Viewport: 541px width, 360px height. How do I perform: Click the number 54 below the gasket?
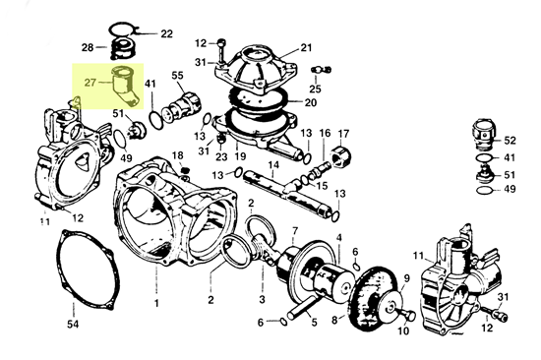73,325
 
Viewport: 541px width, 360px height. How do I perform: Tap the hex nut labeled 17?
341,155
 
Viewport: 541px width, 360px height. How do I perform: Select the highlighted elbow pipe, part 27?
125,86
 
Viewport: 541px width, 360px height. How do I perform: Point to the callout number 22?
166,33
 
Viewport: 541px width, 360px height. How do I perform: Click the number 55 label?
178,75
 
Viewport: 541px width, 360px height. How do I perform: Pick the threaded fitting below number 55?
182,106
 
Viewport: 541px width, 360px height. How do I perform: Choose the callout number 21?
306,47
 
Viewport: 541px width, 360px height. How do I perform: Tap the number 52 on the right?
510,141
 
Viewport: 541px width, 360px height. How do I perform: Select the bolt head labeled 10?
409,316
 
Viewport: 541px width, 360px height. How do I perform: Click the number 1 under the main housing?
156,303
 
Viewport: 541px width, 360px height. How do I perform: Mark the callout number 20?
310,102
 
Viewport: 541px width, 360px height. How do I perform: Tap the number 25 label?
315,89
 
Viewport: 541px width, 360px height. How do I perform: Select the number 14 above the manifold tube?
273,164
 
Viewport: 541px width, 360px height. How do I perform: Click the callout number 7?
295,230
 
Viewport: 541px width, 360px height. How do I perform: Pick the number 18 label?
178,155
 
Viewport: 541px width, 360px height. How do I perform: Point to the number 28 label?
88,47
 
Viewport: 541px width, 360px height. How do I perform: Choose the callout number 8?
334,320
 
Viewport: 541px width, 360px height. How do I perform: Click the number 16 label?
325,133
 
